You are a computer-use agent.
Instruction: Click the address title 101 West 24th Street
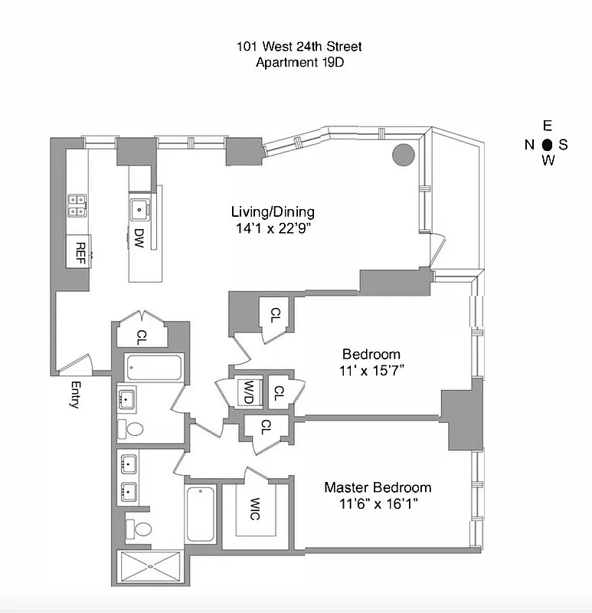pyautogui.click(x=299, y=47)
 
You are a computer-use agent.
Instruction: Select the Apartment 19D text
pyautogui.click(x=299, y=63)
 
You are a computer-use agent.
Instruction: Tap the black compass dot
pyautogui.click(x=547, y=144)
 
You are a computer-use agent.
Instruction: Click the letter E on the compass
pyautogui.click(x=547, y=126)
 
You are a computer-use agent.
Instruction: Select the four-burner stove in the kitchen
pyautogui.click(x=77, y=204)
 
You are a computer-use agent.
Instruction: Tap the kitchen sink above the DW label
pyautogui.click(x=139, y=208)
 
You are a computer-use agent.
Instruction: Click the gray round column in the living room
pyautogui.click(x=403, y=155)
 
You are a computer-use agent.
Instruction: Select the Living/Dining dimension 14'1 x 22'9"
pyautogui.click(x=273, y=228)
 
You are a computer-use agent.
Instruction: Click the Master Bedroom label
pyautogui.click(x=377, y=487)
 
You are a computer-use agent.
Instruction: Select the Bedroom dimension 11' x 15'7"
pyautogui.click(x=371, y=370)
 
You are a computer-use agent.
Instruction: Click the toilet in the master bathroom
pyautogui.click(x=139, y=528)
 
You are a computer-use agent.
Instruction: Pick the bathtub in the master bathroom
pyautogui.click(x=201, y=513)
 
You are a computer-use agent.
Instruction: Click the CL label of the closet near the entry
pyautogui.click(x=142, y=335)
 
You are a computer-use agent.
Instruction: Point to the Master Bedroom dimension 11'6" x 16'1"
pyautogui.click(x=371, y=504)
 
